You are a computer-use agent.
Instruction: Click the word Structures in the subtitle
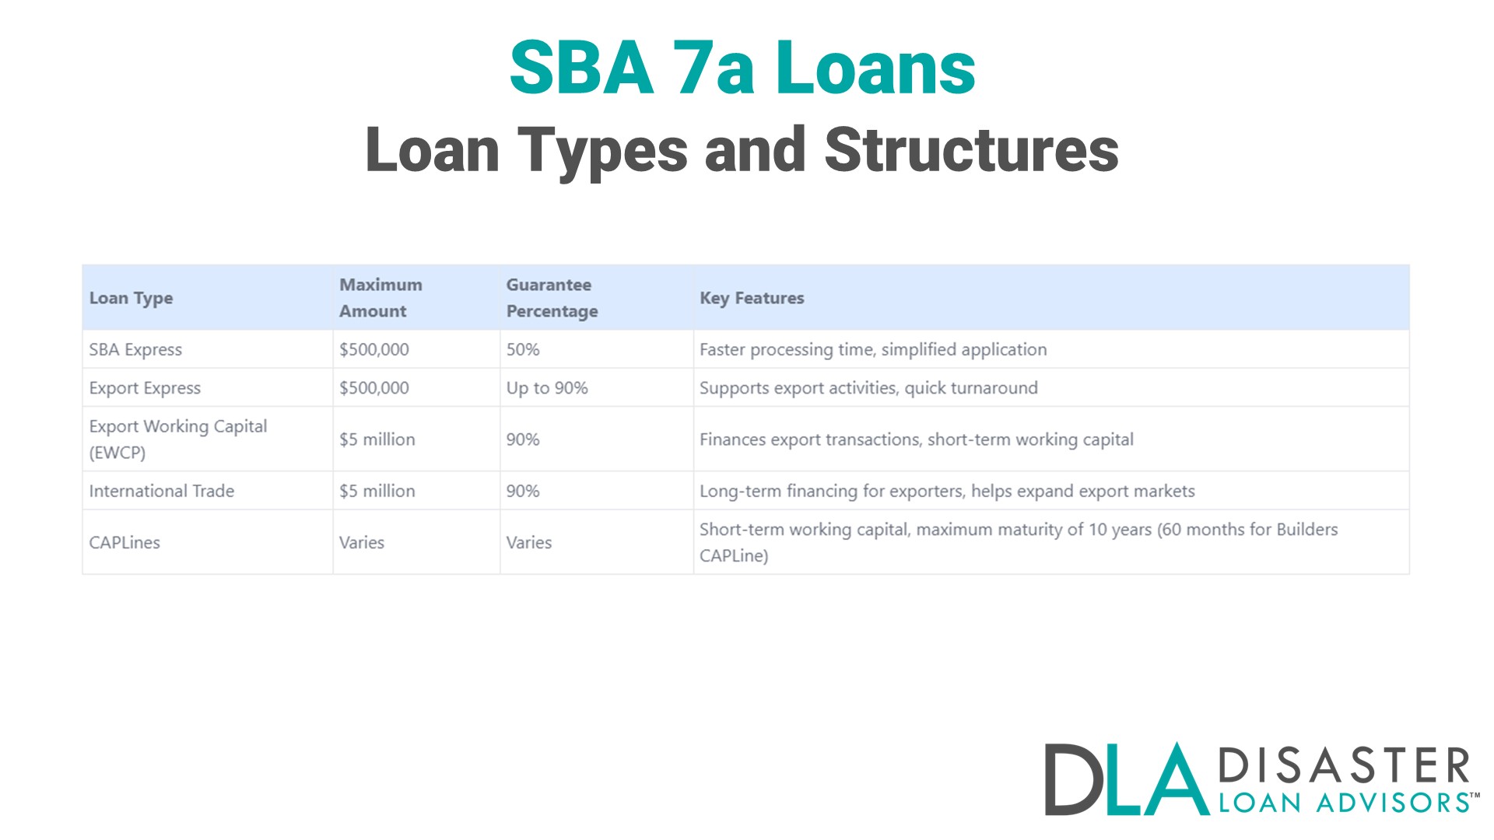point(971,150)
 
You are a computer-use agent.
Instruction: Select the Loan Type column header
point(131,298)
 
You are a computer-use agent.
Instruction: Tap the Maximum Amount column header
point(381,298)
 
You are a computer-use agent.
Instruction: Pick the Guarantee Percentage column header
point(552,298)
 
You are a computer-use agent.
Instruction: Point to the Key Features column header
point(752,298)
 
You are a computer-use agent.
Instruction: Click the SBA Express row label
point(135,349)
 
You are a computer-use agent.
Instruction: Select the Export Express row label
point(145,387)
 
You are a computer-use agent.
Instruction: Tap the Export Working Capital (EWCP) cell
point(177,439)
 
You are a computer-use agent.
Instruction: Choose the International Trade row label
point(161,491)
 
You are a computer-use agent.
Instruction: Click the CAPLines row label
point(124,542)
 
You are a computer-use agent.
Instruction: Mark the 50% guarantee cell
point(523,349)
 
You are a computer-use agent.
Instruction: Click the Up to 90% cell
point(547,387)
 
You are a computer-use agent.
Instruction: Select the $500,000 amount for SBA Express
point(373,349)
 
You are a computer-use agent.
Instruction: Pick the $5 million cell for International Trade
point(377,491)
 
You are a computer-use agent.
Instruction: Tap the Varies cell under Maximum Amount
point(361,542)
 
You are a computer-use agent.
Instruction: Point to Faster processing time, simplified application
point(873,349)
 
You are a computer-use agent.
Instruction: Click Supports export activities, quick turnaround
point(868,387)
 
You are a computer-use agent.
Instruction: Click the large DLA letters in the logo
point(1125,779)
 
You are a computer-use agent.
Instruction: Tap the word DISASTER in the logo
point(1344,765)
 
